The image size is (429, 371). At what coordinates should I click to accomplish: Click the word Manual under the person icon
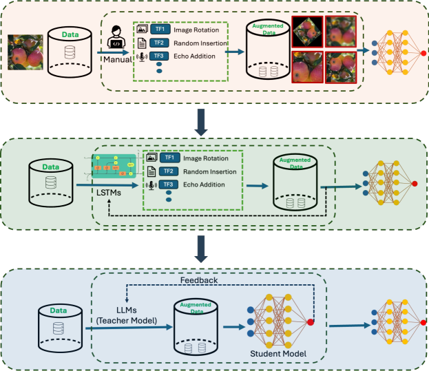coord(117,60)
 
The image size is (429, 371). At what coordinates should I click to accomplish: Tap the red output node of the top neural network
coord(423,52)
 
